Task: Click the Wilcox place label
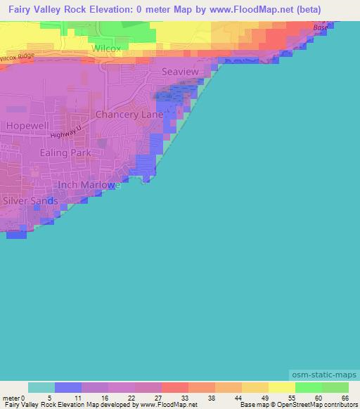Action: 105,48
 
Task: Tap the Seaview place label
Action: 180,72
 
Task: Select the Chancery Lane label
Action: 129,114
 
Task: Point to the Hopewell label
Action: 26,125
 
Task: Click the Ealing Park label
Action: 64,152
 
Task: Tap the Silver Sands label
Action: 30,200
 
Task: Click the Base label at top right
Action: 321,28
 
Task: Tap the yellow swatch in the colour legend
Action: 281,388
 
